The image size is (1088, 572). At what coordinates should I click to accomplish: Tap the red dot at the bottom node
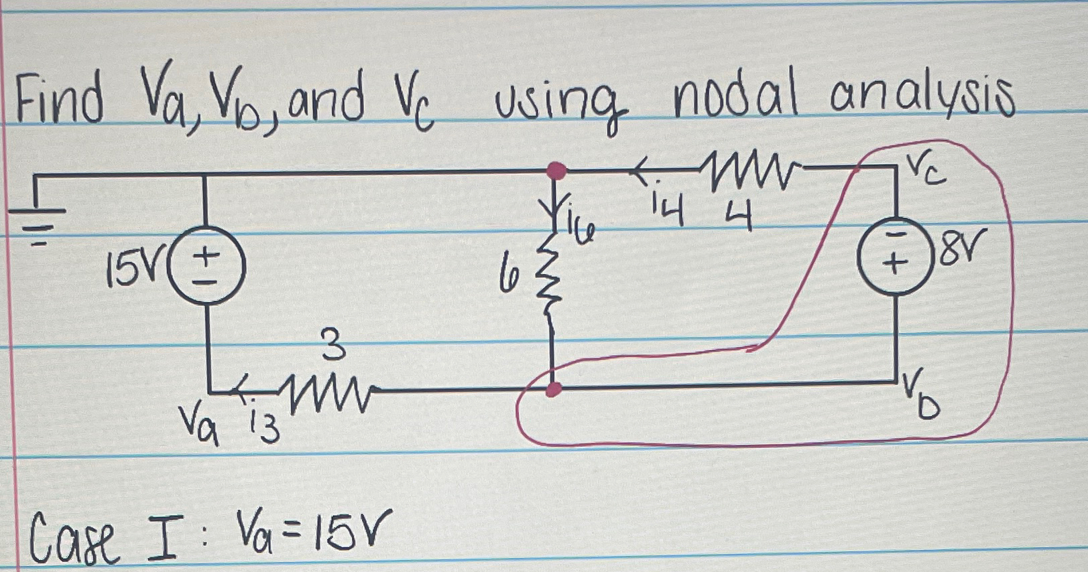(x=552, y=389)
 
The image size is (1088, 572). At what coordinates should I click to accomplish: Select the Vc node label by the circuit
(x=927, y=169)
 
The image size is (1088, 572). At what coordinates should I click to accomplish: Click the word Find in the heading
(x=60, y=102)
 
